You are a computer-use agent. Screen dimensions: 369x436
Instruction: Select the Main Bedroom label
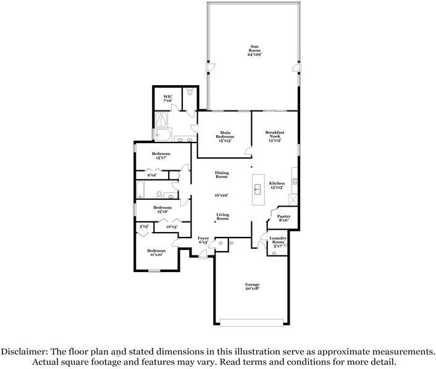(224, 138)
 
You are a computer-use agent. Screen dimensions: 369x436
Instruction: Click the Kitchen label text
(276, 184)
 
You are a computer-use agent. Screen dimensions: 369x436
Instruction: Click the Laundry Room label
(277, 241)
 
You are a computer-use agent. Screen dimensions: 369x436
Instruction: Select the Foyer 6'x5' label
(203, 240)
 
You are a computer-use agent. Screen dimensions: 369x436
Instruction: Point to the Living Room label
(222, 217)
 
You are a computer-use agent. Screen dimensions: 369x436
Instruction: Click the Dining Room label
(222, 175)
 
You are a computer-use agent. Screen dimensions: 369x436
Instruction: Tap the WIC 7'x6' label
(167, 99)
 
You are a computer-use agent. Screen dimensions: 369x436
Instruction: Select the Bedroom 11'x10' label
(156, 252)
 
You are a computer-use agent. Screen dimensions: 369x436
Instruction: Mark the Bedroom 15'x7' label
(162, 155)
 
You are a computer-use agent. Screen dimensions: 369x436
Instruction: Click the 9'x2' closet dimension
(152, 175)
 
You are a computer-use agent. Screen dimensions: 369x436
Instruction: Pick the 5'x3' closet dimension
(144, 227)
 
